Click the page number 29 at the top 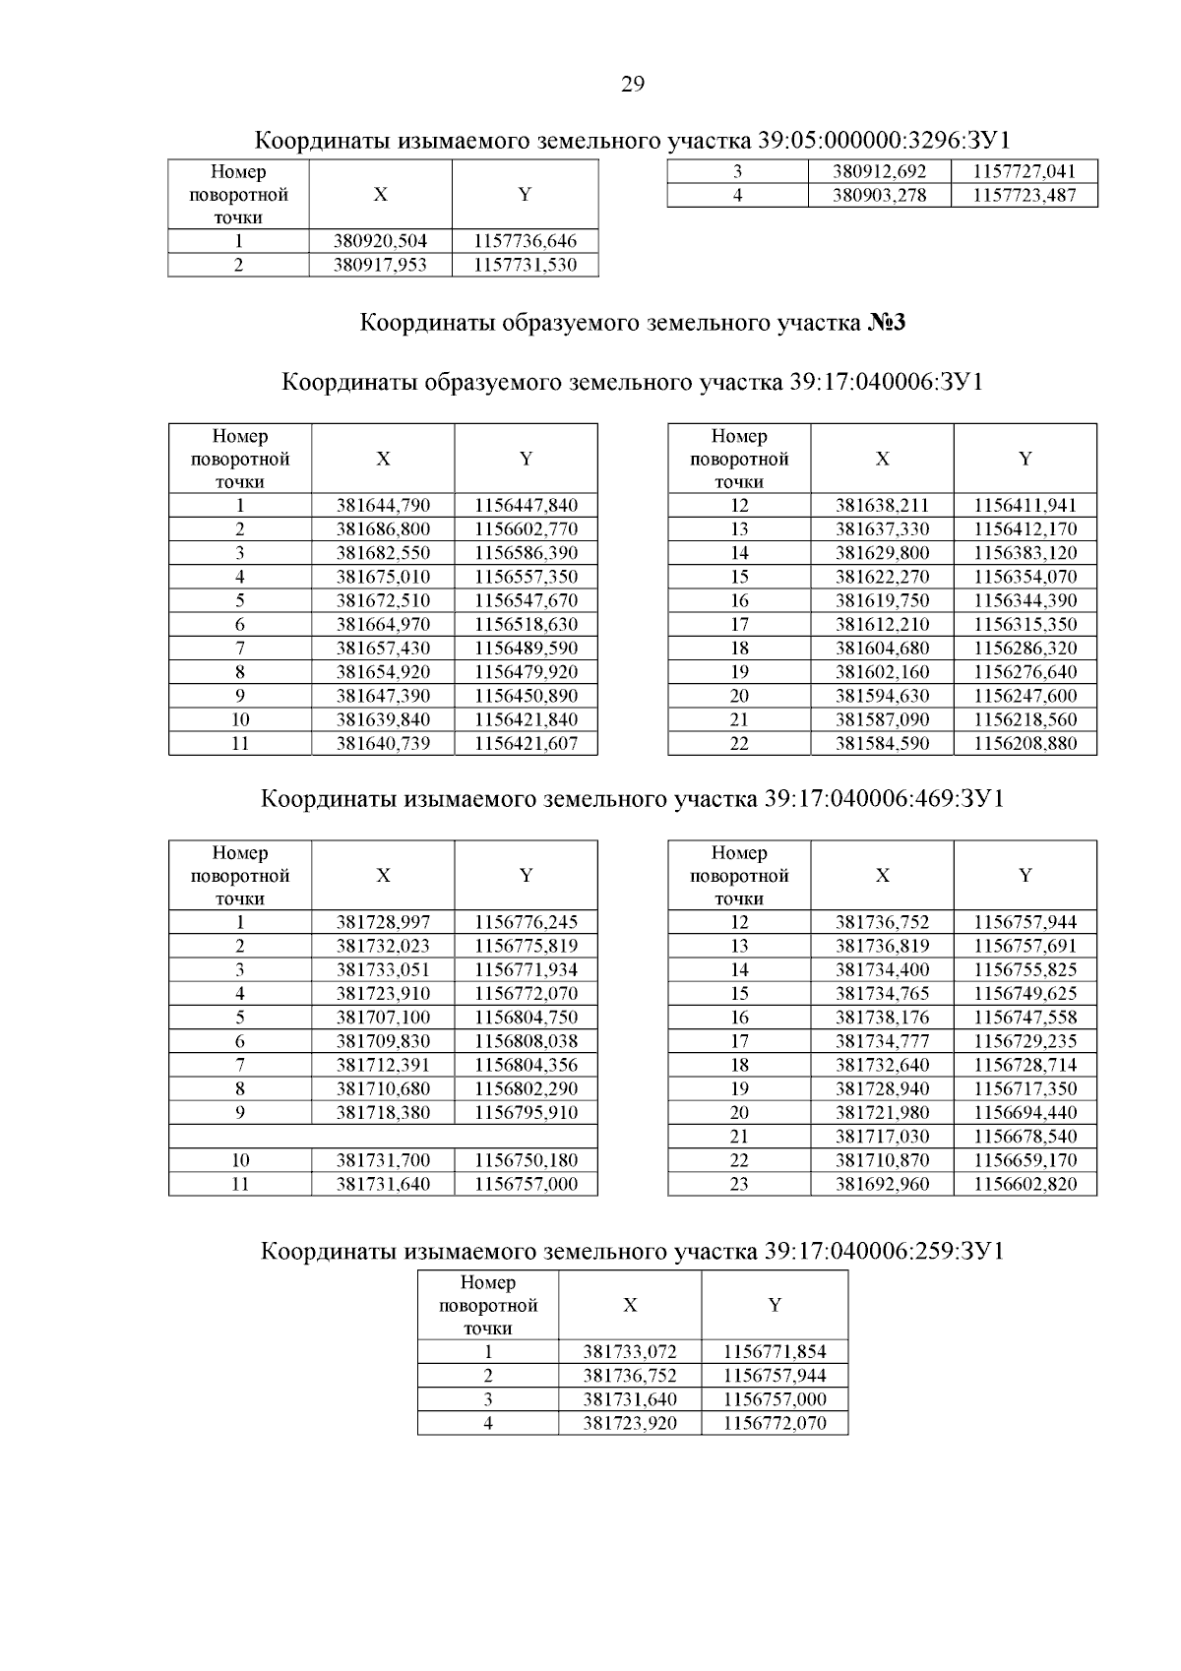pos(633,85)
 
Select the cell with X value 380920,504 pos(381,241)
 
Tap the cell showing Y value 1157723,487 pos(1024,195)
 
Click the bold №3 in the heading pos(886,323)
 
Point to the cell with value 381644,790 pos(383,506)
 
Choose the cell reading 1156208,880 pos(1025,744)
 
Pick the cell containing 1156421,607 pos(526,744)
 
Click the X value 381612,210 pos(882,625)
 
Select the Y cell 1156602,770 pos(526,529)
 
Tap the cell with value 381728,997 pos(383,923)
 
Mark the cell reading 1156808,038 pos(526,1041)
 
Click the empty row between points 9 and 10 pos(383,1137)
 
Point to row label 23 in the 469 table pos(739,1184)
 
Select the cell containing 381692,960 pos(882,1184)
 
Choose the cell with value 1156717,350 pos(1025,1089)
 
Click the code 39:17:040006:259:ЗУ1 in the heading pos(883,1252)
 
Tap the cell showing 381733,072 pos(630,1352)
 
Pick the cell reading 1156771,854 pos(775,1352)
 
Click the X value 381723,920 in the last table pos(630,1424)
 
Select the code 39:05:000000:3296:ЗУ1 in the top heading pos(885,140)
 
